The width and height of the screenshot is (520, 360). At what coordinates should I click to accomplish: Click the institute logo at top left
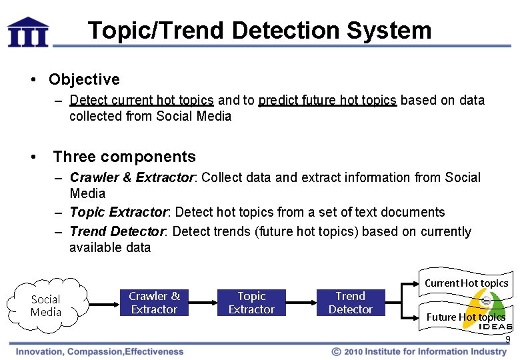[x=27, y=32]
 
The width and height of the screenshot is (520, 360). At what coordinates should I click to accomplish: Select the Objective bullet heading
[x=84, y=79]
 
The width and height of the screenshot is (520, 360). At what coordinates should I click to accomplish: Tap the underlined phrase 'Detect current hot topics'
[x=141, y=101]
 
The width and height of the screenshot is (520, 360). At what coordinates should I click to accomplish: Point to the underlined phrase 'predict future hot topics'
[x=327, y=101]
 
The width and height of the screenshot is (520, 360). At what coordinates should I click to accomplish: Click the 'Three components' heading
[x=124, y=157]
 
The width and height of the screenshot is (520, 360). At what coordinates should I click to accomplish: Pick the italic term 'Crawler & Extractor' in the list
[x=131, y=178]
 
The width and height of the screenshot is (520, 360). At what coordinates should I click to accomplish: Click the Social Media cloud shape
[x=46, y=305]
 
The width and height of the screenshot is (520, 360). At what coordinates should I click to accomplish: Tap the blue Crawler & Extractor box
[x=154, y=303]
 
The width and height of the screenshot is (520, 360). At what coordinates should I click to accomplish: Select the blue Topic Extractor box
[x=251, y=303]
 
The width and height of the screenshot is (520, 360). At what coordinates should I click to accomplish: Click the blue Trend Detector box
[x=350, y=303]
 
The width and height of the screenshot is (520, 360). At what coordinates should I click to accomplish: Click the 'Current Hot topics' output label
[x=466, y=283]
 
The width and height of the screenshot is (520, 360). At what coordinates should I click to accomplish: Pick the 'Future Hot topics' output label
[x=465, y=317]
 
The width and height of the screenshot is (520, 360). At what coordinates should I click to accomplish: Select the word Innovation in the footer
[x=41, y=351]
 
